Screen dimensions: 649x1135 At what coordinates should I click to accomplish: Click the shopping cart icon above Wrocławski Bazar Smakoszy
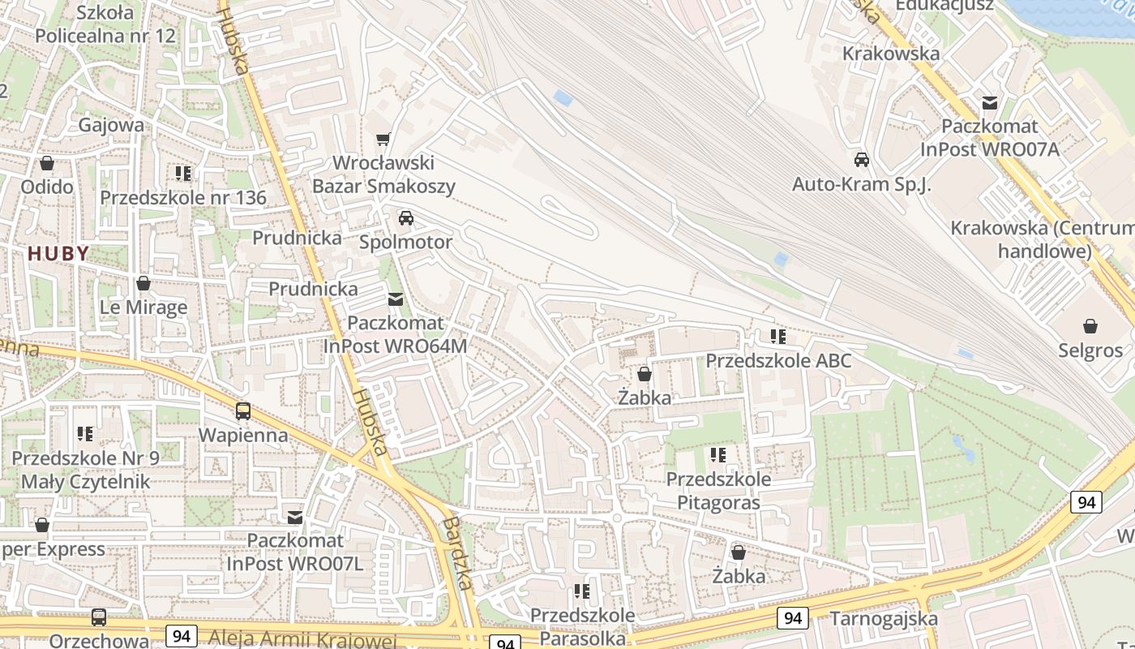click(x=383, y=140)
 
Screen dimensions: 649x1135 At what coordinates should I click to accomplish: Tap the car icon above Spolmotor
click(x=405, y=218)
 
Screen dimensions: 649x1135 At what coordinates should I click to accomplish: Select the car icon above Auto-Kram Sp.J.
click(x=862, y=160)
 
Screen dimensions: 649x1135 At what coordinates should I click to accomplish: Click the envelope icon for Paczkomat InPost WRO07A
click(x=989, y=103)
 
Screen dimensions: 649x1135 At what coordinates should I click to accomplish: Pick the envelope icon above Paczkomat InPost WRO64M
click(x=395, y=299)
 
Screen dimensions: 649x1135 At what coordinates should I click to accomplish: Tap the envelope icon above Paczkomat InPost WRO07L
click(x=295, y=517)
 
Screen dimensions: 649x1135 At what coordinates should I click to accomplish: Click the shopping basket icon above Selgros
click(x=1090, y=326)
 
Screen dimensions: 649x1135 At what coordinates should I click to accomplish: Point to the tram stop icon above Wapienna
click(x=243, y=411)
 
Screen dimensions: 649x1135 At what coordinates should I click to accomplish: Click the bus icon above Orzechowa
click(x=99, y=617)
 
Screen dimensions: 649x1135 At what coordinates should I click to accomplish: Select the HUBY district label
click(x=58, y=254)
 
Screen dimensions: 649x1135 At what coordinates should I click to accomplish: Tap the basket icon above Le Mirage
click(x=143, y=283)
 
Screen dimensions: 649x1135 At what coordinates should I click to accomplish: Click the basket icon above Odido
click(x=47, y=163)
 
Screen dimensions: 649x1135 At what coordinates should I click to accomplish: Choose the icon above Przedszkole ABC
click(x=778, y=336)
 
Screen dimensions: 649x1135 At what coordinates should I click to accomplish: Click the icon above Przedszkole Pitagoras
click(x=717, y=455)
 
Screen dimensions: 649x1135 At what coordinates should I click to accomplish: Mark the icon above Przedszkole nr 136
click(x=183, y=174)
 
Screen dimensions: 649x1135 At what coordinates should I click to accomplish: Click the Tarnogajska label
click(x=884, y=619)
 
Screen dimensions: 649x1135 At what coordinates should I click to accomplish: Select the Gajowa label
click(x=111, y=125)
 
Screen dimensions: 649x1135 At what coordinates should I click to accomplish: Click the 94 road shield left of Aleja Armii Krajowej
click(x=181, y=635)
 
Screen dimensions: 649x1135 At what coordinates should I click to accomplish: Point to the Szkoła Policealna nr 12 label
click(x=105, y=24)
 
